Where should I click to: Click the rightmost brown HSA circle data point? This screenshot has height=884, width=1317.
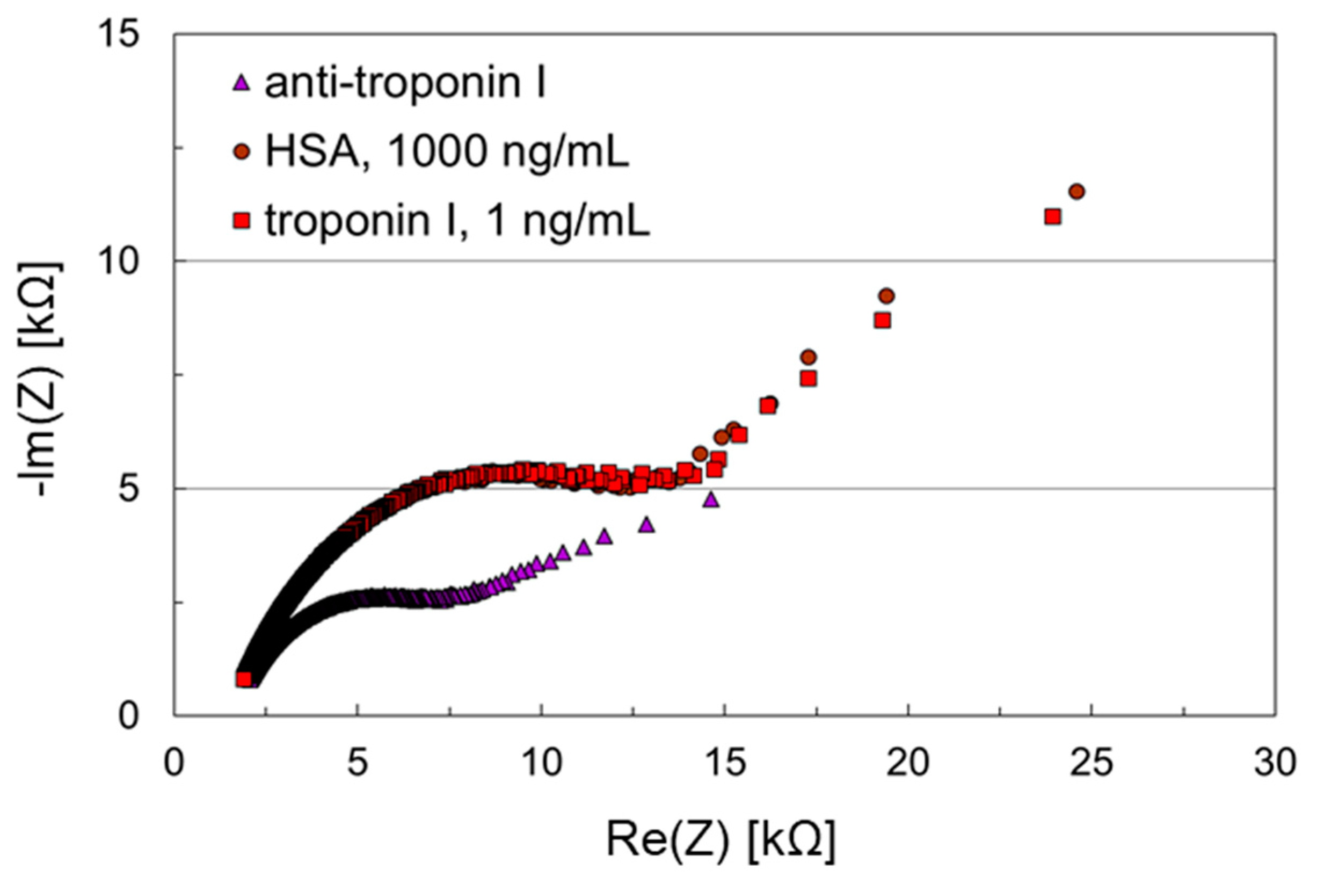[1076, 192]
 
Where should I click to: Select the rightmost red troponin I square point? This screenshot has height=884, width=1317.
[1052, 216]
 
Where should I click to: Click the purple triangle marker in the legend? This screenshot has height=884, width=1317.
[242, 84]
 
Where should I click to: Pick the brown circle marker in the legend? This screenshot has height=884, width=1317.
[242, 152]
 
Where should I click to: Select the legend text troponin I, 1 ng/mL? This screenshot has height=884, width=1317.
[457, 221]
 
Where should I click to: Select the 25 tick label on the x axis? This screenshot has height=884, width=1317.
[1092, 763]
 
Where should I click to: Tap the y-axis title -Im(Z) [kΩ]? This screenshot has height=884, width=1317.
[42, 379]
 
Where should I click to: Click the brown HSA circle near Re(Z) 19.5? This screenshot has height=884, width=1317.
[886, 296]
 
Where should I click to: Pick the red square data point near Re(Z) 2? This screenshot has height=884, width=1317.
[243, 679]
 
